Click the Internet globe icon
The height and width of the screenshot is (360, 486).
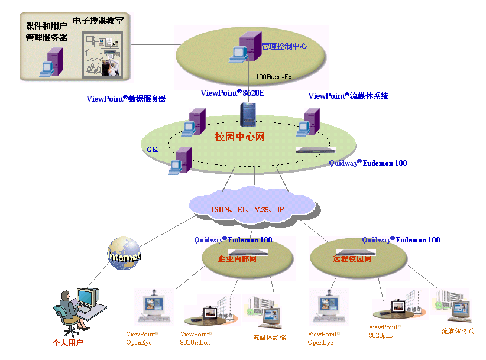coord(124,254)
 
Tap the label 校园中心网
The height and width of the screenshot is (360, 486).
coord(239,137)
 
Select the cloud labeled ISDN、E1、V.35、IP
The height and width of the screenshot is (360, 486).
coord(249,209)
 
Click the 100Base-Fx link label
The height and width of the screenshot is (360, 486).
coord(273,77)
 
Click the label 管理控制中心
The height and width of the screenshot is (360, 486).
coord(284,46)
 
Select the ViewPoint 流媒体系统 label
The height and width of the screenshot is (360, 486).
coord(348,96)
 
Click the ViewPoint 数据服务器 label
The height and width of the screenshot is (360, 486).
coord(126,99)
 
